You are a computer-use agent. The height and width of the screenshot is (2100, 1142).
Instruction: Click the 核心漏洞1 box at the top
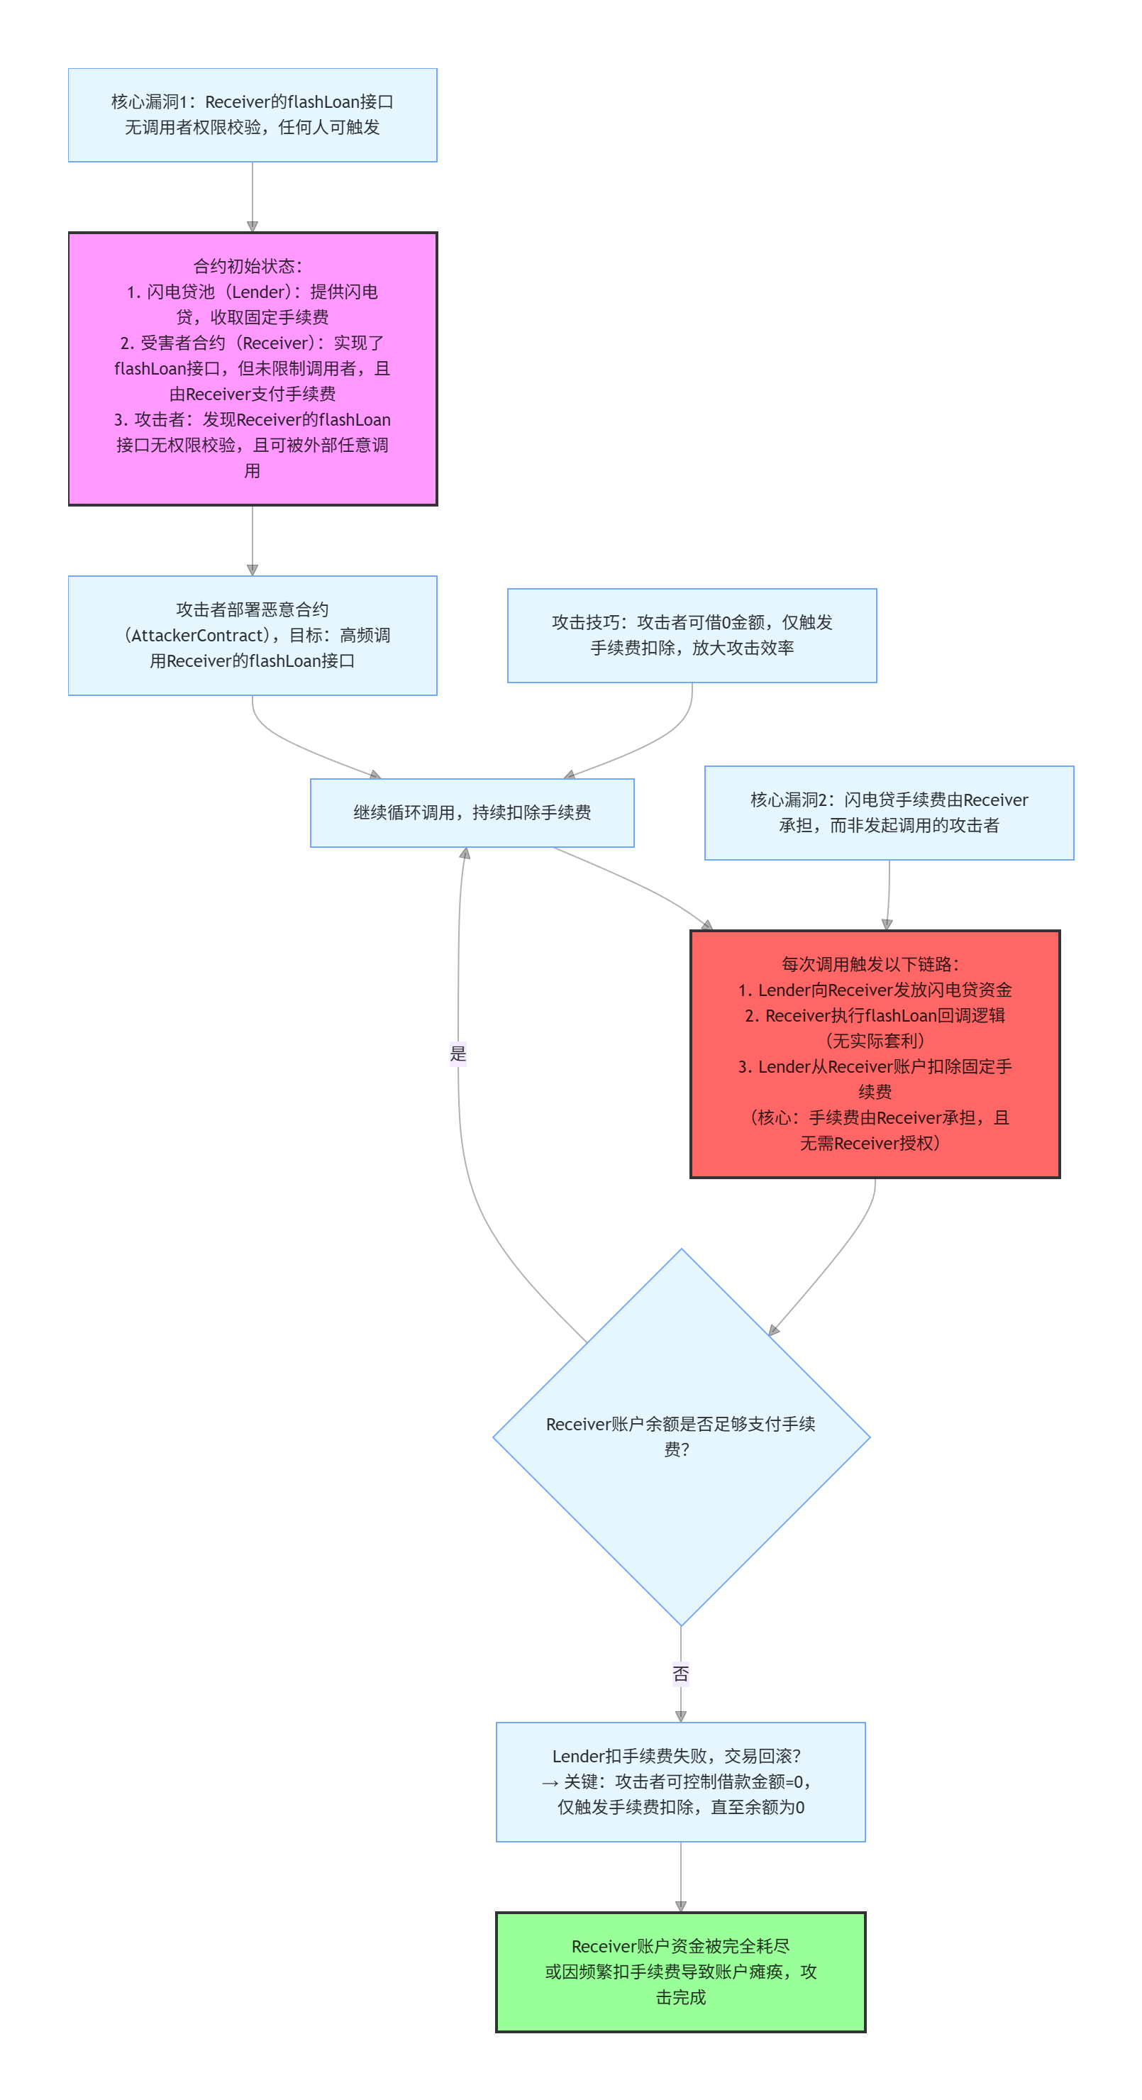point(252,115)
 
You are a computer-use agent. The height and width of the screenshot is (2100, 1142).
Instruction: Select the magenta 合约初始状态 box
point(252,368)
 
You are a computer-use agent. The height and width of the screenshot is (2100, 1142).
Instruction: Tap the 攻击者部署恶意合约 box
point(252,635)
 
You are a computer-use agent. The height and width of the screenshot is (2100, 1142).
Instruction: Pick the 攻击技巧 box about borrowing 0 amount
point(692,635)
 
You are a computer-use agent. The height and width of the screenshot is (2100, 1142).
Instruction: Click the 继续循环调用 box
point(471,813)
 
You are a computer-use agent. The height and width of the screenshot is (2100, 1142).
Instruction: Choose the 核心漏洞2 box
point(889,813)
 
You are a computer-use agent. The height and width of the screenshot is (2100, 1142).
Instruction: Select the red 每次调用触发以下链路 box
point(875,1054)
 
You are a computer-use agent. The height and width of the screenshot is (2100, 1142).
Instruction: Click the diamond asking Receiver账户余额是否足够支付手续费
point(681,1437)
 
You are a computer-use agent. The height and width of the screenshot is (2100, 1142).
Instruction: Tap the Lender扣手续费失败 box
point(681,1781)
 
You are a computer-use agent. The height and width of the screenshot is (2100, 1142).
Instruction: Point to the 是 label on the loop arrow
point(458,1054)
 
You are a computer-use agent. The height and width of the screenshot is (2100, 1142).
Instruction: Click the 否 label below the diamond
point(681,1674)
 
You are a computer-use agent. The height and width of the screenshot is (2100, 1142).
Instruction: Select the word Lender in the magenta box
point(258,292)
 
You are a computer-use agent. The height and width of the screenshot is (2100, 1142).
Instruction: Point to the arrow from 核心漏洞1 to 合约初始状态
point(252,196)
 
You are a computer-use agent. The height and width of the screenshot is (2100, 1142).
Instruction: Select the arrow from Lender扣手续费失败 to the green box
point(681,1875)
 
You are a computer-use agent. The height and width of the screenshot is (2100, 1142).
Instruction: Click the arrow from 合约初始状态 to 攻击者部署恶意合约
point(252,540)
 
